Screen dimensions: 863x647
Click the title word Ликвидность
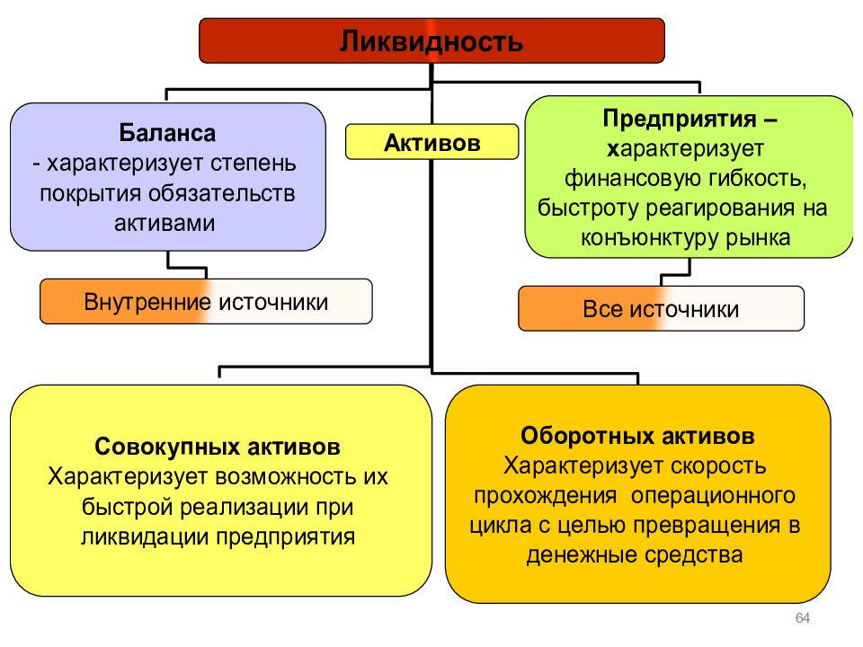(431, 41)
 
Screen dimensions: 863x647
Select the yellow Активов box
(432, 142)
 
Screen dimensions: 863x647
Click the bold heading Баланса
(167, 133)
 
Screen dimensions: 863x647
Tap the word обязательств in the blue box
(222, 193)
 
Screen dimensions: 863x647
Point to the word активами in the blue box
(165, 224)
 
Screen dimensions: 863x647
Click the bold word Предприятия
(680, 119)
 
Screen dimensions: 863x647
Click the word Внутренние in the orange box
(147, 302)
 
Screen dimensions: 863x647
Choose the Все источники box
(661, 308)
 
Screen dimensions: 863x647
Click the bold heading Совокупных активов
(218, 447)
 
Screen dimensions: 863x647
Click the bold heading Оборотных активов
(637, 436)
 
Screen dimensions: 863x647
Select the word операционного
(713, 496)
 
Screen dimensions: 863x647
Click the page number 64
(803, 618)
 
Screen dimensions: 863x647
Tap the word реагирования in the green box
(720, 208)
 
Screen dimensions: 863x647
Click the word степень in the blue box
(254, 164)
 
